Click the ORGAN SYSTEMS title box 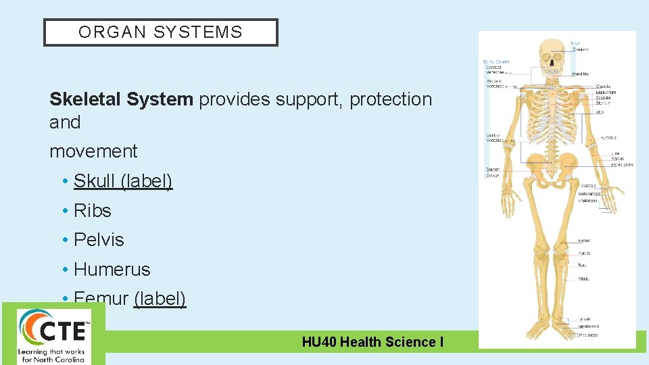coord(160,32)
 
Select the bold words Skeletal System coord(121,99)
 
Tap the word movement coord(93,151)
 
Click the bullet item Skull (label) coord(123,181)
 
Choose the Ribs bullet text coord(92,211)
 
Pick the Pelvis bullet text coord(99,240)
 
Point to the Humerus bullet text coord(112,270)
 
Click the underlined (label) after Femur coord(160,298)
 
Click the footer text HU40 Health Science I coord(372,342)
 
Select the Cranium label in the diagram coord(580,49)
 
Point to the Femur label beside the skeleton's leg coord(584,240)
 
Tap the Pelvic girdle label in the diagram coord(622,164)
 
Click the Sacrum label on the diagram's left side coord(492,169)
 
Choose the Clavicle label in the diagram coord(604,87)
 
